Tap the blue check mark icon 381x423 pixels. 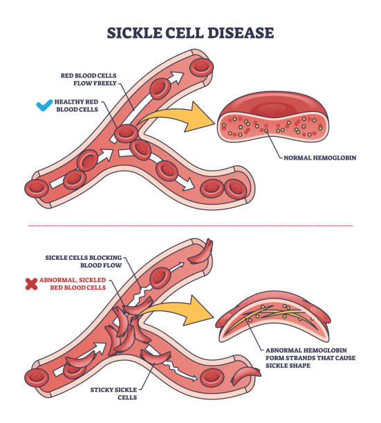(x=44, y=106)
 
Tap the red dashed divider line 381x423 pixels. (x=190, y=225)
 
